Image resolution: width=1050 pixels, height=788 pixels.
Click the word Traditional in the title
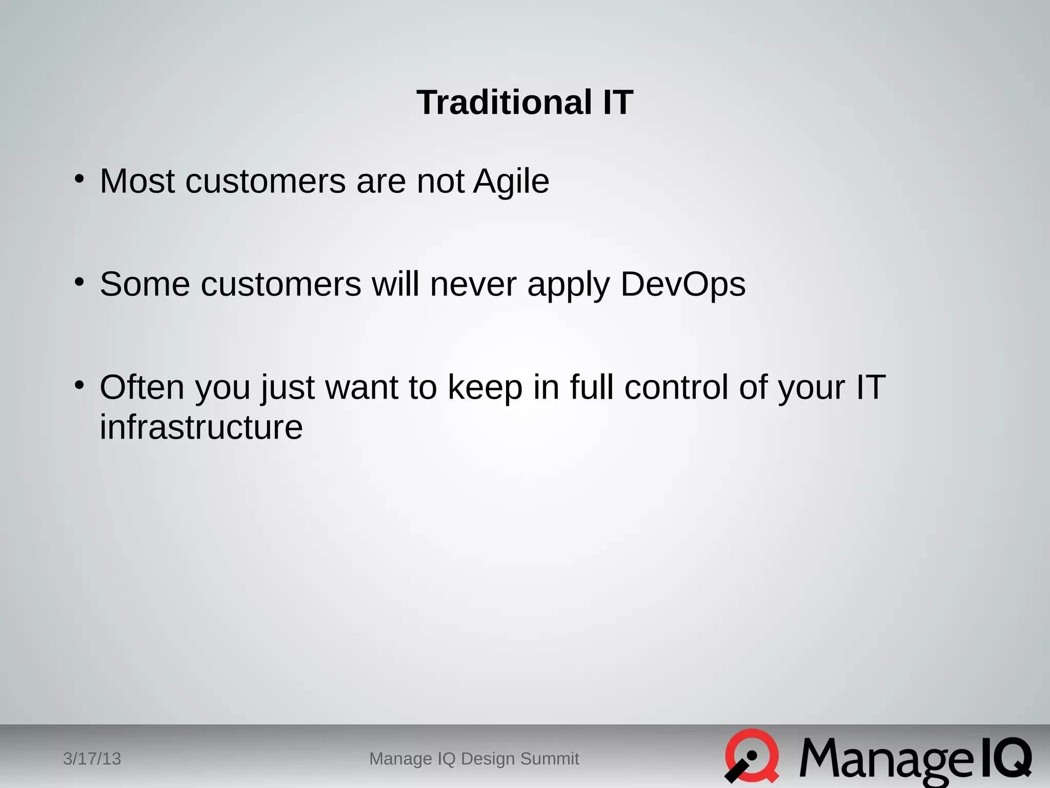click(504, 103)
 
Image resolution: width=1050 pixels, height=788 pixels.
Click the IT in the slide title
click(618, 103)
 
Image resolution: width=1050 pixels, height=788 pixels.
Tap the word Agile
click(511, 182)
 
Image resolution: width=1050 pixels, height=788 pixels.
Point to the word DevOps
click(682, 285)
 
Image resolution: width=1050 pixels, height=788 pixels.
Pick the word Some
click(145, 285)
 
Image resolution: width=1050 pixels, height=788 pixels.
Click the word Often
click(142, 387)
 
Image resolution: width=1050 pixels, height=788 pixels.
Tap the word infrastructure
click(201, 427)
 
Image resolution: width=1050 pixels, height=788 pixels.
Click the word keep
click(485, 388)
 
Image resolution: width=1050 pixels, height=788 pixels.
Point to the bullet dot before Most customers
click(79, 179)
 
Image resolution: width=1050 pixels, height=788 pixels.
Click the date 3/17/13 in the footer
click(92, 759)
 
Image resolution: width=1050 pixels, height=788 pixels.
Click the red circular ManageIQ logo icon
click(752, 756)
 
